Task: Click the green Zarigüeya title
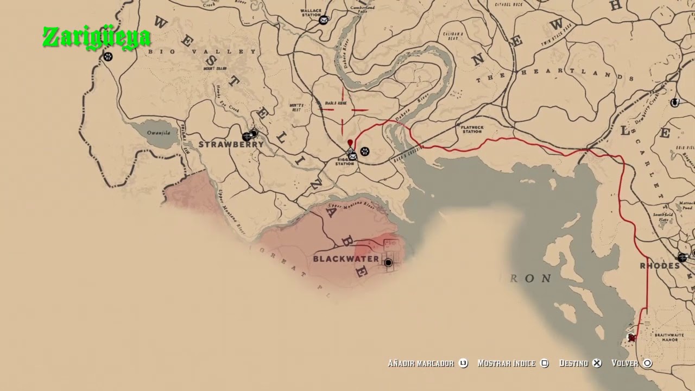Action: click(97, 38)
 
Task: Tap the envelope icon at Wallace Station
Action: click(324, 21)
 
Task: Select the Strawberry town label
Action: click(231, 144)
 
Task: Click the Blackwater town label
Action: click(346, 259)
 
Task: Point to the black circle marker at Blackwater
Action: click(388, 263)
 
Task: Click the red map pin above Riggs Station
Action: click(350, 143)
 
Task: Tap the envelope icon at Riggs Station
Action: click(352, 156)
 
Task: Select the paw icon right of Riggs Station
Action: click(365, 152)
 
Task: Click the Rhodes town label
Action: click(660, 266)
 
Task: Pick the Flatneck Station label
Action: click(472, 129)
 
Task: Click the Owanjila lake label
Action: click(159, 133)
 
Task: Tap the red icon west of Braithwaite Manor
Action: click(631, 338)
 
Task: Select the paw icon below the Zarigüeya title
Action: click(108, 56)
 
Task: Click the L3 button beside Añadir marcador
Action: click(463, 363)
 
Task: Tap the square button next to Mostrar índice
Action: click(545, 363)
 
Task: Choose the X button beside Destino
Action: click(597, 363)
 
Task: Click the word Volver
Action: click(624, 363)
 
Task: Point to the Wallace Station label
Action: click(311, 12)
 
